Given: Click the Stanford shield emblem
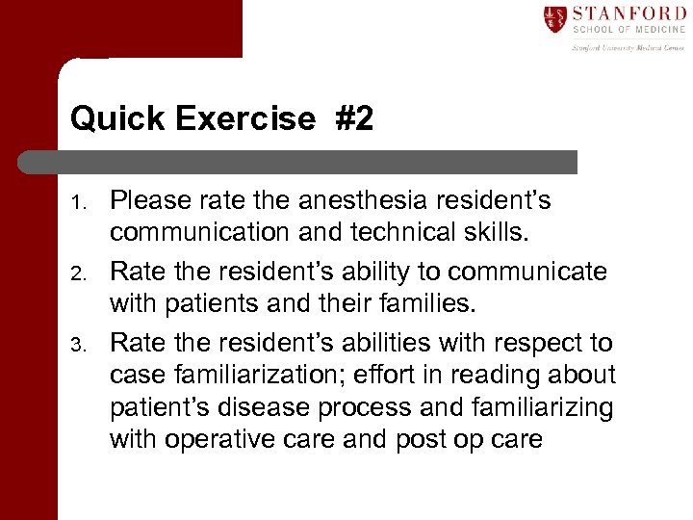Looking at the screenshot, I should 554,18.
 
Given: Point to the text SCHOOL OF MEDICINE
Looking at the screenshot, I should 629,31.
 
